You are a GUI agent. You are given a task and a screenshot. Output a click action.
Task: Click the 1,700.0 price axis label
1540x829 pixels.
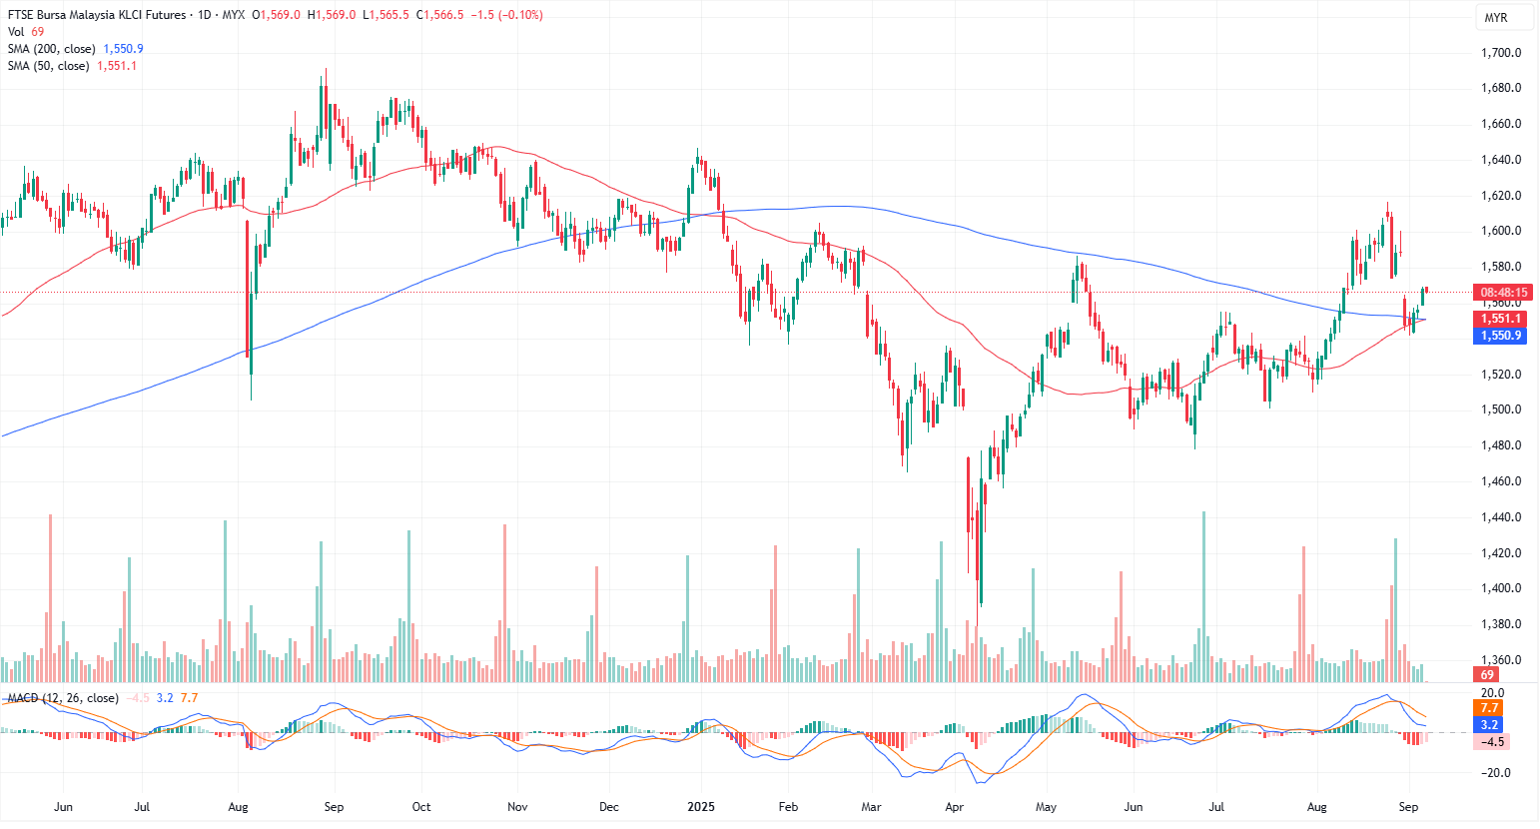[1500, 53]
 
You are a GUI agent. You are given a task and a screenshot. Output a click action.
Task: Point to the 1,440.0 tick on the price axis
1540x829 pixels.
[1500, 517]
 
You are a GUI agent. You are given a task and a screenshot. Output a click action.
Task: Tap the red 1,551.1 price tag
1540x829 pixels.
[1500, 319]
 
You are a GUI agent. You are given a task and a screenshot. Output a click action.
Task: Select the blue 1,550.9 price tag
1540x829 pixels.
[1500, 336]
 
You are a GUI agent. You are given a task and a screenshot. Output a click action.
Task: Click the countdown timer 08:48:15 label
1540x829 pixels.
[1503, 293]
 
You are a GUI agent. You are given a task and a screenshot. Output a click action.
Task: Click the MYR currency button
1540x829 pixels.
[1495, 18]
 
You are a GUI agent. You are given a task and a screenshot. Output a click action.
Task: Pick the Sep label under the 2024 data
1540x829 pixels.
[334, 807]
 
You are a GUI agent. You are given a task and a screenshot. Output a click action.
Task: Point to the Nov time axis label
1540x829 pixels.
[516, 807]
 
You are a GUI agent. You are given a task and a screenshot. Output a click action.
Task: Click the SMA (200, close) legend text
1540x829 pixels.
[52, 49]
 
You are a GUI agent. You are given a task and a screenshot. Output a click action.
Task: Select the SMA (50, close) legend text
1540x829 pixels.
[48, 66]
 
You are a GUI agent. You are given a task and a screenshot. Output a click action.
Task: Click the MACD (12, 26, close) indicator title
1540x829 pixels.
[63, 698]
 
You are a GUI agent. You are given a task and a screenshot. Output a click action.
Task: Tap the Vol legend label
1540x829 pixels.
[16, 32]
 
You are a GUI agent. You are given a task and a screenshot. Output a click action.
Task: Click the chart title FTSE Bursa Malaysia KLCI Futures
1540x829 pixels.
[97, 15]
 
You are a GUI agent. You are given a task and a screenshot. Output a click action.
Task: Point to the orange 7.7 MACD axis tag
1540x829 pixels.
[1489, 708]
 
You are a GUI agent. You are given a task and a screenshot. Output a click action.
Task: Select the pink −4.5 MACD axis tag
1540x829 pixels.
[1491, 742]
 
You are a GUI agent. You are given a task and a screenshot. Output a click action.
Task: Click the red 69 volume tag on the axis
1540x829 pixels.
[1487, 675]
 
